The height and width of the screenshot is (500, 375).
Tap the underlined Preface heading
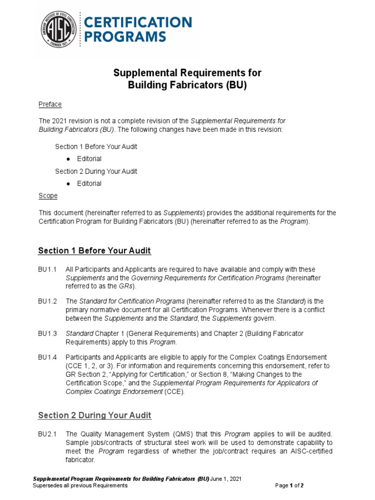pos(50,104)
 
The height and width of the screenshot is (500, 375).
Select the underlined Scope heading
pos(48,196)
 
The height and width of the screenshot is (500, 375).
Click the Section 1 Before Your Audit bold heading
pos(94,250)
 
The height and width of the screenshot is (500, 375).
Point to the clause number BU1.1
pos(48,270)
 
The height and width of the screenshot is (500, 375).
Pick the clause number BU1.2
pos(48,301)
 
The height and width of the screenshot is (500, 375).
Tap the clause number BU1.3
pos(48,333)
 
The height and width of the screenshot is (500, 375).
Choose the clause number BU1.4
pos(48,357)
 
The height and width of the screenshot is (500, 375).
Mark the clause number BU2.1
pos(48,434)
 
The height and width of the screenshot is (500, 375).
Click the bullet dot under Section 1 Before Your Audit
pos(67,159)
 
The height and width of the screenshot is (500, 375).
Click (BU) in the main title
pos(236,85)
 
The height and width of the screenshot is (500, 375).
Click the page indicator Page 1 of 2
pos(290,486)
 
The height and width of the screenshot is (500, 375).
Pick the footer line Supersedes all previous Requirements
pos(80,486)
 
